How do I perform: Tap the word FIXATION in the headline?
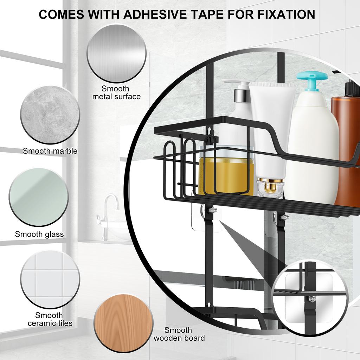[286, 14]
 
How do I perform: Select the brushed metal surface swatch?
[117, 53]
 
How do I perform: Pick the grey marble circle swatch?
[50, 115]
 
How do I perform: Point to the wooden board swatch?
[123, 324]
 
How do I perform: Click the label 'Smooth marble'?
[50, 151]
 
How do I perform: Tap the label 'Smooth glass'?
[39, 234]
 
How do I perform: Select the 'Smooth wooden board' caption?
[179, 334]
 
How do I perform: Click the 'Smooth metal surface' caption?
[116, 92]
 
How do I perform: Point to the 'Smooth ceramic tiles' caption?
[50, 319]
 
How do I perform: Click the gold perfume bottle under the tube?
[270, 186]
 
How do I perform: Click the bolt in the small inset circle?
[312, 299]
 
